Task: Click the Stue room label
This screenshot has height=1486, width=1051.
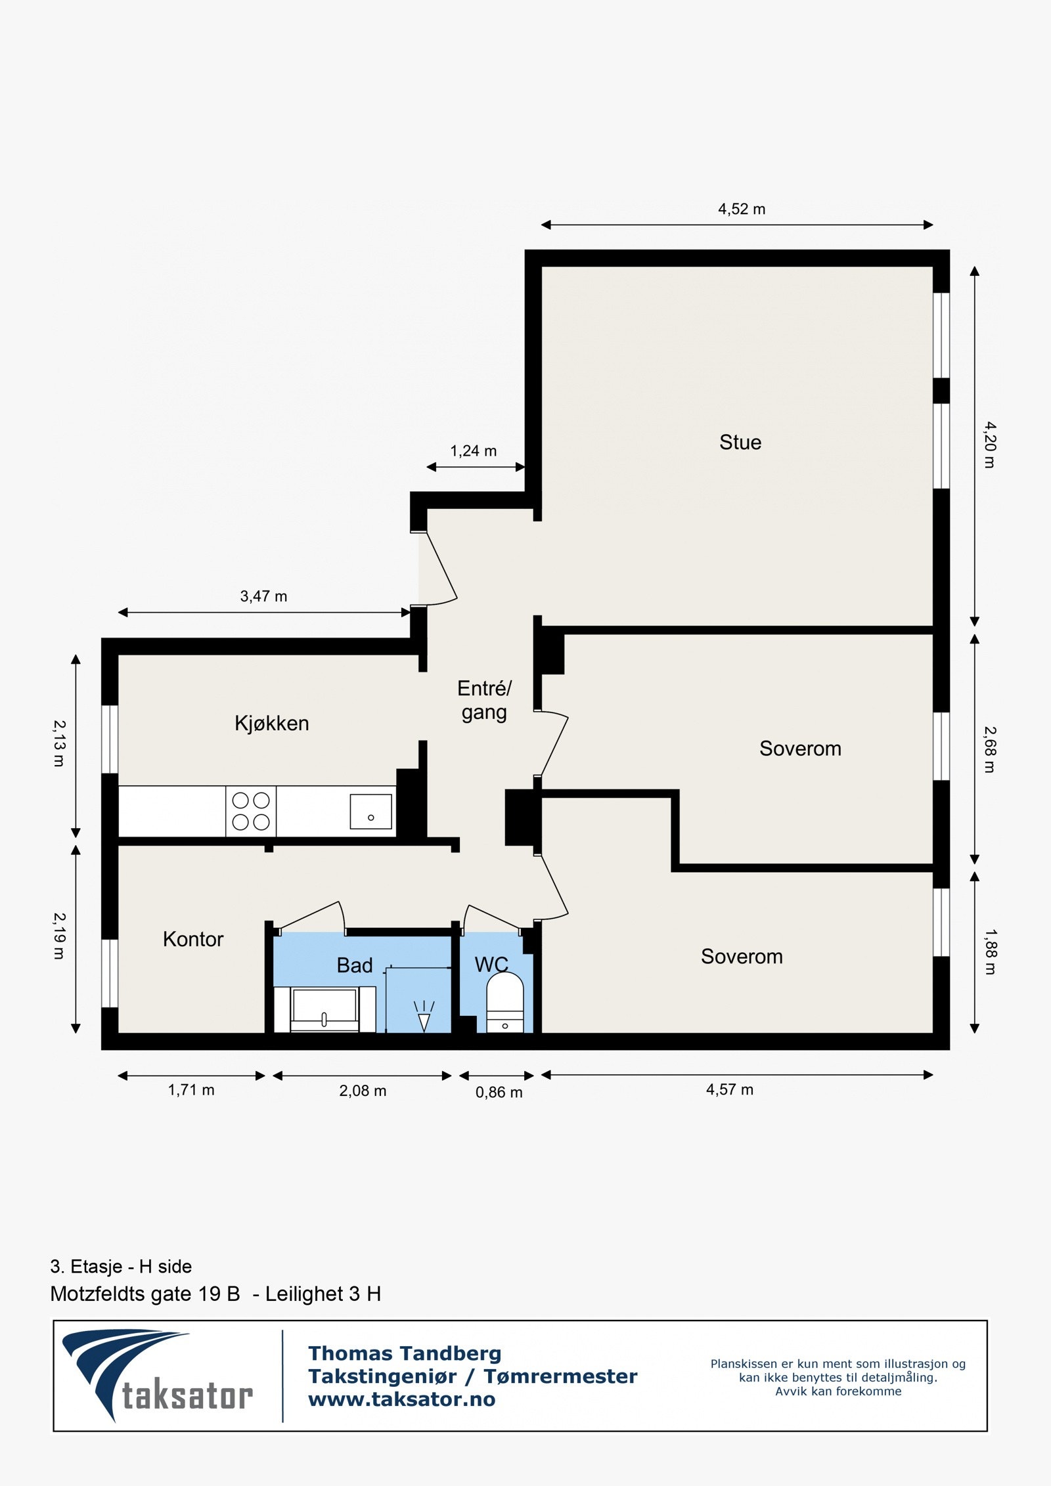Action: pyautogui.click(x=740, y=443)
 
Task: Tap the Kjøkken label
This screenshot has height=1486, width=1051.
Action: pyautogui.click(x=271, y=724)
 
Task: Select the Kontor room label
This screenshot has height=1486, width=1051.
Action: pyautogui.click(x=193, y=939)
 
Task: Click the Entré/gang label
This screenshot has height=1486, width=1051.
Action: pyautogui.click(x=484, y=700)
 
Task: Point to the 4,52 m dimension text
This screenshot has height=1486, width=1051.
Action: pyautogui.click(x=741, y=209)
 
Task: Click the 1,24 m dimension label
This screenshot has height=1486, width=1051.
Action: pyautogui.click(x=473, y=451)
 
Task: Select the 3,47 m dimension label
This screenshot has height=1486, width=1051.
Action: pyautogui.click(x=263, y=596)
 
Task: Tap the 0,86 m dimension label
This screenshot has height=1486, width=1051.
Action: pyautogui.click(x=499, y=1092)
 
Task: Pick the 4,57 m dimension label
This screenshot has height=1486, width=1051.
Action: pyautogui.click(x=729, y=1089)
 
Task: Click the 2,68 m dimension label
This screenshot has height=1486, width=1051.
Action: pyautogui.click(x=989, y=749)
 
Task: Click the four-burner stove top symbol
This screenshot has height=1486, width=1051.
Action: pyautogui.click(x=251, y=811)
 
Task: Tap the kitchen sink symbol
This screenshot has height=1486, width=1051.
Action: pyautogui.click(x=370, y=811)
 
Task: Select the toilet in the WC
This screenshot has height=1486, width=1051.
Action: pyautogui.click(x=504, y=1001)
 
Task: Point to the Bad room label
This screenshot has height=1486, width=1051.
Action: pyautogui.click(x=355, y=965)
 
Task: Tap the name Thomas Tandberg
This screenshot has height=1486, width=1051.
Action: pyautogui.click(x=405, y=1353)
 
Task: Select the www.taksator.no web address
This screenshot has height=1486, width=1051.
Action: pyautogui.click(x=401, y=1399)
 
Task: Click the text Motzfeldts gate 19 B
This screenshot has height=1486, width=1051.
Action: pyautogui.click(x=145, y=1294)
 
